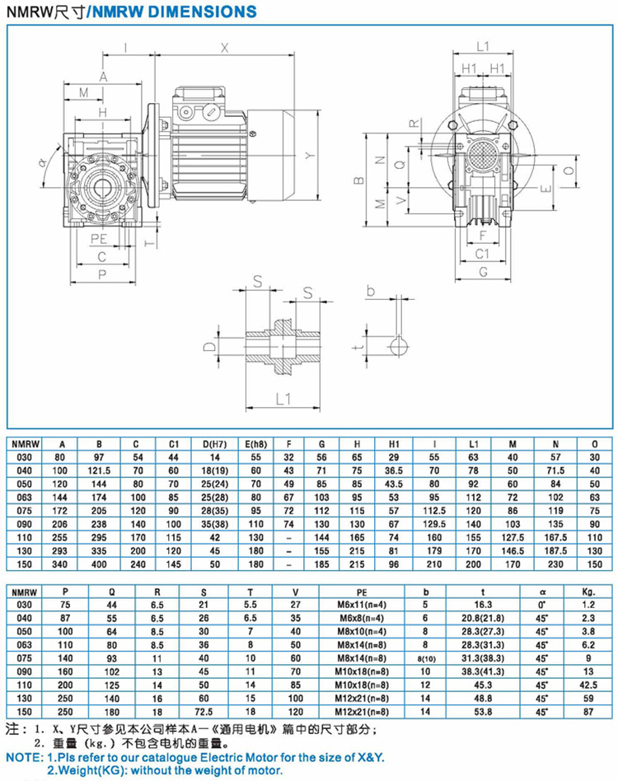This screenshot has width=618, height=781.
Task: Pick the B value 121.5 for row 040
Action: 101,469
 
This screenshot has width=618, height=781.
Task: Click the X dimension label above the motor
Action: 225,47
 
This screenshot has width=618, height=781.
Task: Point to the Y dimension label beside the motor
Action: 306,154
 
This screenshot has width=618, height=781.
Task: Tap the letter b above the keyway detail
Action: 370,291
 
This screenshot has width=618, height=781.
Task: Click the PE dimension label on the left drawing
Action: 100,237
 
